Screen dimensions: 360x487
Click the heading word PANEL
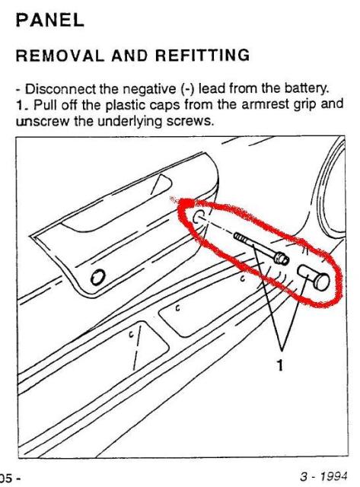coord(50,21)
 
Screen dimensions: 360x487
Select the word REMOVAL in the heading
coord(59,56)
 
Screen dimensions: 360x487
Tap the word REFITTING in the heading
coord(202,56)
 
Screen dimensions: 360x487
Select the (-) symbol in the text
coord(187,89)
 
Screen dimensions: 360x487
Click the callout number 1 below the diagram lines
coord(280,365)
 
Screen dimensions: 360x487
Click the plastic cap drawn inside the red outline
coord(314,276)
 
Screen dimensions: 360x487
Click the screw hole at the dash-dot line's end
coord(198,216)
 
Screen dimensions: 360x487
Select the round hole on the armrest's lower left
coord(98,276)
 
